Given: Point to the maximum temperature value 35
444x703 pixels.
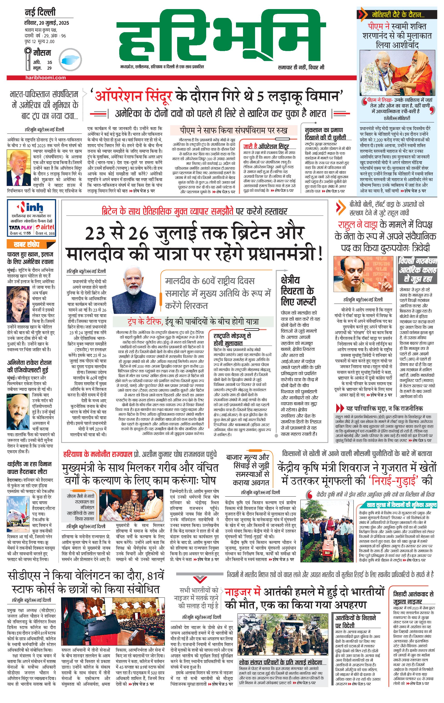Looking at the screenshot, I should pyautogui.click(x=50, y=62).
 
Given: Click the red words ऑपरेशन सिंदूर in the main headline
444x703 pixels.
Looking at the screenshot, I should pyautogui.click(x=133, y=96).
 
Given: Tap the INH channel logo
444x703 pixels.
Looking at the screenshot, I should pyautogui.click(x=31, y=208).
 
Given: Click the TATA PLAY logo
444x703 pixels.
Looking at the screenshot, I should pyautogui.click(x=20, y=227).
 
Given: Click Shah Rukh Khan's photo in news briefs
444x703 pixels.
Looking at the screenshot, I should pyautogui.click(x=18, y=304).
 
